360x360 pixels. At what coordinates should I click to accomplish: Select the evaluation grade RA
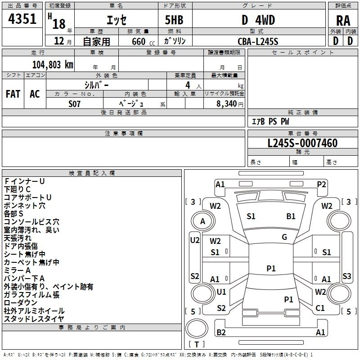pyautogui.click(x=343, y=21)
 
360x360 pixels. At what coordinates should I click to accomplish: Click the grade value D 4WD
pyautogui.click(x=258, y=20)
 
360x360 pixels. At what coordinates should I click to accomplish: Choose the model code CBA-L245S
pyautogui.click(x=258, y=41)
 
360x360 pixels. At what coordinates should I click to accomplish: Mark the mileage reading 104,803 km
pyautogui.click(x=53, y=64)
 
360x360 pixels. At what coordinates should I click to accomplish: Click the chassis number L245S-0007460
pyautogui.click(x=302, y=143)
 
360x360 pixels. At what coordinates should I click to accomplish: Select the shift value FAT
pyautogui.click(x=13, y=94)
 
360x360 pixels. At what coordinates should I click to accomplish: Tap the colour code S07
pyautogui.click(x=75, y=104)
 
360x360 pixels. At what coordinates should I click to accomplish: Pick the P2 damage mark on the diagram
pyautogui.click(x=321, y=184)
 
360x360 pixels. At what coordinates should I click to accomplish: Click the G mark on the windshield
pyautogui.click(x=284, y=237)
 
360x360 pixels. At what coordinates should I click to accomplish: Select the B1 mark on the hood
pyautogui.click(x=291, y=216)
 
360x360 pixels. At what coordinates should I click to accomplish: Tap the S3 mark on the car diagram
pyautogui.click(x=346, y=276)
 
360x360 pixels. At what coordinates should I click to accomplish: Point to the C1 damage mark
pyautogui.click(x=320, y=308)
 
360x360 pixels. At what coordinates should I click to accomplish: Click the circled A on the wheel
pyautogui.click(x=202, y=221)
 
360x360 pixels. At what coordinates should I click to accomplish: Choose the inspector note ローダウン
pyautogui.click(x=21, y=302)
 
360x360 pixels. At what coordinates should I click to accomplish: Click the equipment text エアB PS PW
pyautogui.click(x=270, y=121)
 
